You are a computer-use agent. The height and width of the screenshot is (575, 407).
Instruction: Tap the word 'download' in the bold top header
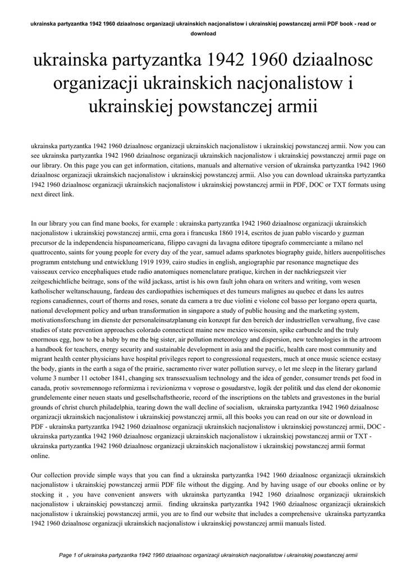pos(203,33)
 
